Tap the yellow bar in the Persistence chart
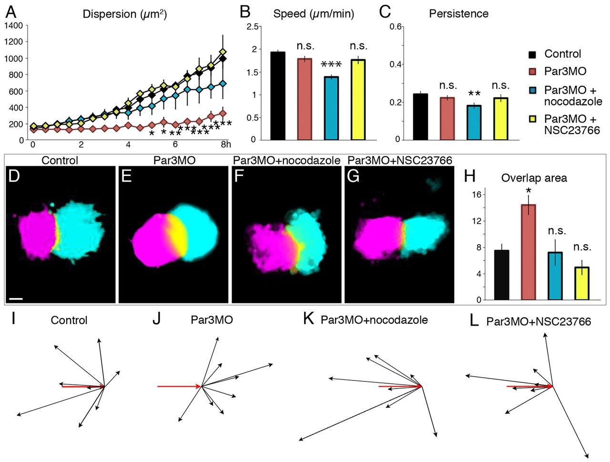pyautogui.click(x=500, y=119)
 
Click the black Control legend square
pyautogui.click(x=535, y=54)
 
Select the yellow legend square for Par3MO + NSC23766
pyautogui.click(x=535, y=119)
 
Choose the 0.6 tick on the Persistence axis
pyautogui.click(x=397, y=27)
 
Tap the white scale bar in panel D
pyautogui.click(x=16, y=299)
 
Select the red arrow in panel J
pyautogui.click(x=179, y=386)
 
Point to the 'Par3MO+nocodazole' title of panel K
pyautogui.click(x=374, y=319)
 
